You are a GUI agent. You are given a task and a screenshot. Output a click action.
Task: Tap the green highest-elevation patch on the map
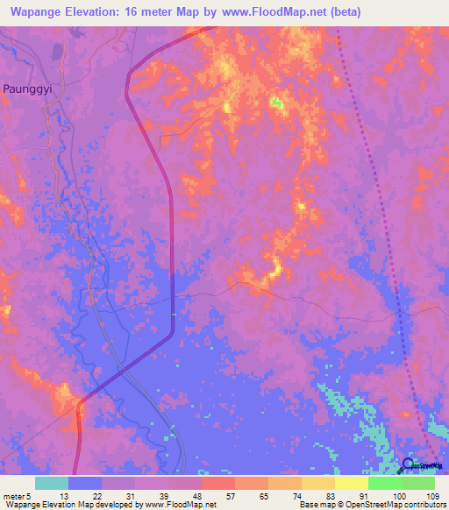[x=277, y=103]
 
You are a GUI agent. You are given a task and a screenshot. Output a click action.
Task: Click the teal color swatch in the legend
[x=52, y=483]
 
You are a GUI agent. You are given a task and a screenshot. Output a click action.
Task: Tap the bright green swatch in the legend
[x=384, y=483]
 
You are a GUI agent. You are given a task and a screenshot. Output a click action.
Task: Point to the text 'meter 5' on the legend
[x=18, y=495]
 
